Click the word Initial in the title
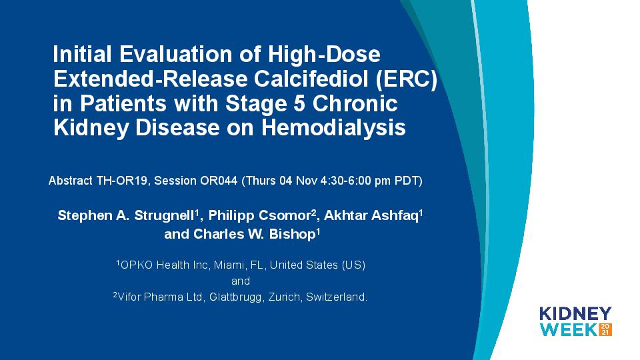click(82, 54)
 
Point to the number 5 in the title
click(299, 103)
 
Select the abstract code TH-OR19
click(121, 181)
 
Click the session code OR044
click(219, 181)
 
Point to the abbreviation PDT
click(406, 181)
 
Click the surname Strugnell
click(164, 215)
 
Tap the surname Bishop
click(292, 234)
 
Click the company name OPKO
click(136, 265)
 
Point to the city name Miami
click(229, 265)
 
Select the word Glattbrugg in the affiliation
click(235, 297)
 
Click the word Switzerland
click(335, 297)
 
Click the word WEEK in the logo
click(569, 330)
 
